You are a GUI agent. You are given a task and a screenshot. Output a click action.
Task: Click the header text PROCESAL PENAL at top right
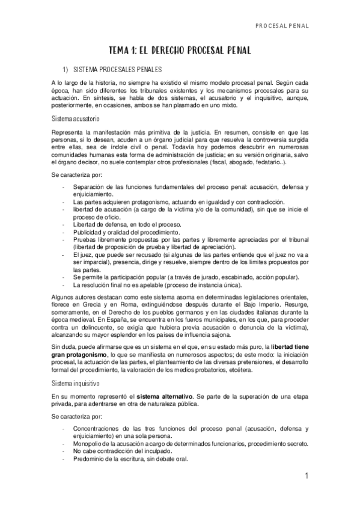(x=282, y=26)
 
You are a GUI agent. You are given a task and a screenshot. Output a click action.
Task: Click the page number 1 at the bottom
(x=306, y=476)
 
